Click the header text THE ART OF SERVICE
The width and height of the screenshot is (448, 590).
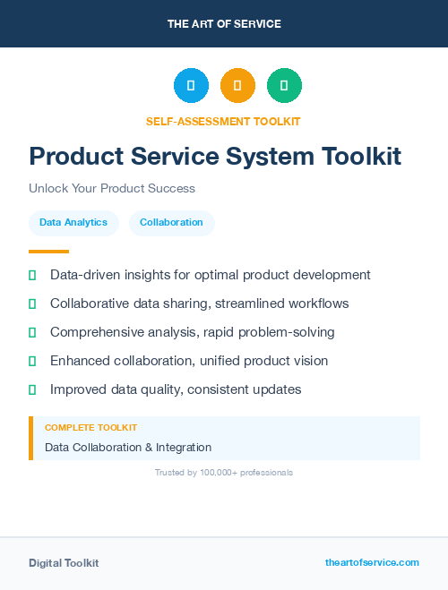click(224, 24)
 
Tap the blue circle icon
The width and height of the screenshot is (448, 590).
click(191, 86)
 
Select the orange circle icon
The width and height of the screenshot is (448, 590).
click(237, 86)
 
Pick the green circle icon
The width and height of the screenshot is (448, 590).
click(284, 86)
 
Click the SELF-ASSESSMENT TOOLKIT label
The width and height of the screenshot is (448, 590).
click(223, 121)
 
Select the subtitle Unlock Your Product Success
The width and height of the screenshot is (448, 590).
click(112, 189)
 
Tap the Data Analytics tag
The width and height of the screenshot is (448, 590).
click(73, 223)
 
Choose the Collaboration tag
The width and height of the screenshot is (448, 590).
click(171, 223)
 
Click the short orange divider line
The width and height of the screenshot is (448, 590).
click(48, 252)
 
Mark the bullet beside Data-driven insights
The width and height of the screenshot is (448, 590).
click(32, 275)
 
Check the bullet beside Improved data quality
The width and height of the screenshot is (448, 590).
click(32, 389)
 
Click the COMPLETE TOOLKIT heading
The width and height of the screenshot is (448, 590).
click(90, 428)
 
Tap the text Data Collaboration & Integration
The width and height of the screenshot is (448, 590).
click(128, 447)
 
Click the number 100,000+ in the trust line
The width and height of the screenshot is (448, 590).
click(217, 472)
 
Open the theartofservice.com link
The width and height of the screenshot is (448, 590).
click(372, 562)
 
